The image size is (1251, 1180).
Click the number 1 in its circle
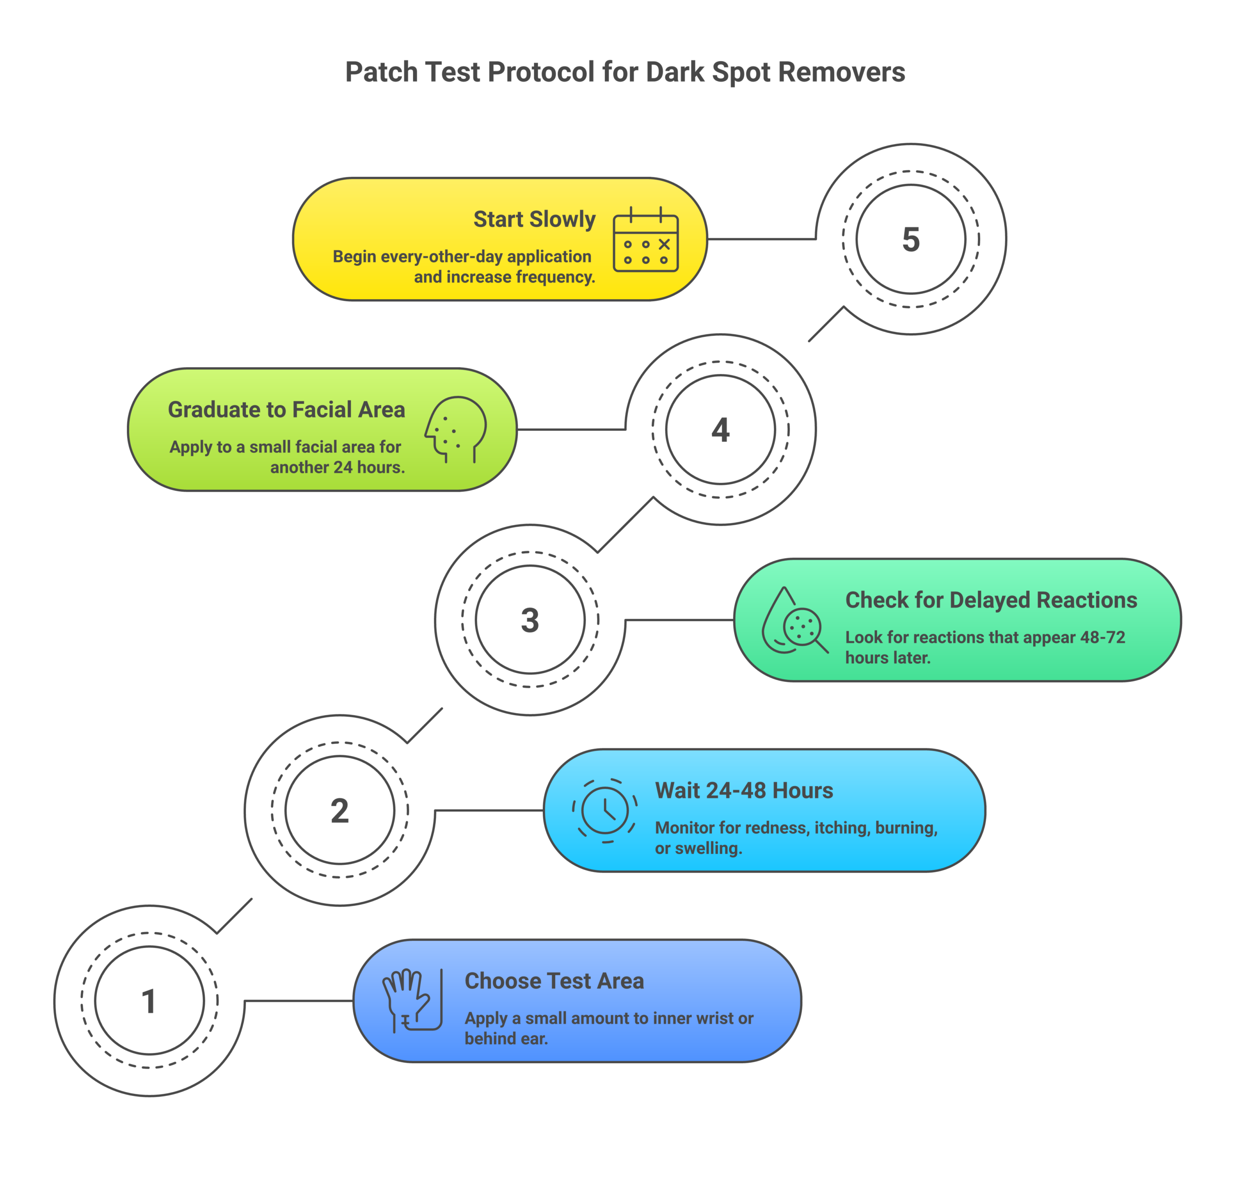tap(149, 1001)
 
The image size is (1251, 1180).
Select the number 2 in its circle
tap(340, 810)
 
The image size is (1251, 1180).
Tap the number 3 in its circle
tap(530, 620)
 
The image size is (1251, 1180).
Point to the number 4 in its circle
tap(720, 430)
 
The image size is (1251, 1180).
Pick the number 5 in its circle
tap(910, 239)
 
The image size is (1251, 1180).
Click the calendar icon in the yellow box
tap(646, 240)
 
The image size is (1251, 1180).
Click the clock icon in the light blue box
tap(605, 810)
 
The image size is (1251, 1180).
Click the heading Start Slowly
tap(534, 219)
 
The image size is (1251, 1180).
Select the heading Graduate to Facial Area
tap(286, 410)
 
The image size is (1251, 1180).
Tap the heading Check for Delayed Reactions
tap(991, 600)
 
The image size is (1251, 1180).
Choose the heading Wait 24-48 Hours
tap(744, 790)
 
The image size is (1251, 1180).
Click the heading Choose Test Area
tap(554, 981)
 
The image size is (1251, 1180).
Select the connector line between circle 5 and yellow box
tap(761, 239)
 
